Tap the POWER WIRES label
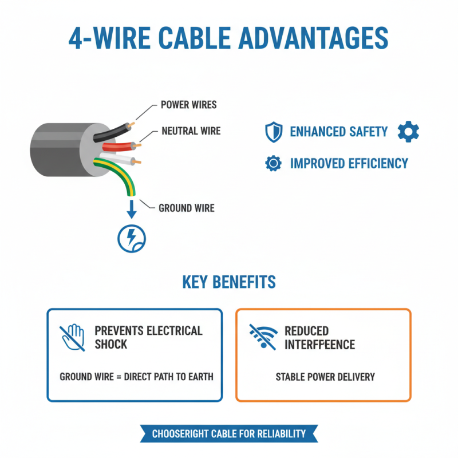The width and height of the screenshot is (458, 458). click(188, 105)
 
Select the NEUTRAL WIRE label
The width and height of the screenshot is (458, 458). click(191, 131)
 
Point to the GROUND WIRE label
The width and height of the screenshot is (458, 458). click(186, 208)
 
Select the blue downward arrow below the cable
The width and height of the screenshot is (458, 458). click(131, 209)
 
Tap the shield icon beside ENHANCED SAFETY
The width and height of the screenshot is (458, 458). click(274, 132)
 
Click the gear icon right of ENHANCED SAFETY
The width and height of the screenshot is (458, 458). click(408, 132)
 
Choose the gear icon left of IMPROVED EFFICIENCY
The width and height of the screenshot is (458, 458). click(274, 164)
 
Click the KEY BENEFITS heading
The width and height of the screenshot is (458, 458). click(228, 282)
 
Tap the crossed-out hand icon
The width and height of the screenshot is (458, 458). click(72, 337)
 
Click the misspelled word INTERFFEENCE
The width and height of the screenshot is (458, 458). click(319, 345)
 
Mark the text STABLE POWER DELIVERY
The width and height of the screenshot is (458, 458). click(325, 377)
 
